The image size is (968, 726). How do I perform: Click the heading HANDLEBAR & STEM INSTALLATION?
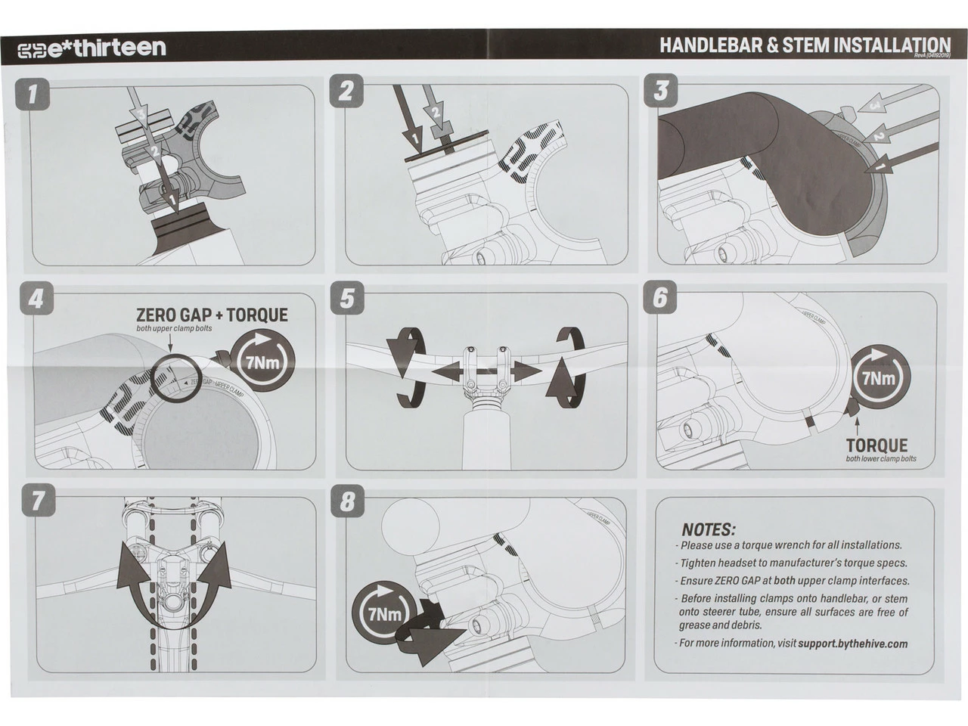804,45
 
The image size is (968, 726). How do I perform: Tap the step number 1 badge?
32,94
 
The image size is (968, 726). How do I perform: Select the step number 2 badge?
346,92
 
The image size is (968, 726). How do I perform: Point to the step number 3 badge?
661,91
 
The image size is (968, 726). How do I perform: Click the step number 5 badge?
346,298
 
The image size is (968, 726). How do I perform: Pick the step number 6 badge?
660,298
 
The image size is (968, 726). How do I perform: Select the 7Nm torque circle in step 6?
879,377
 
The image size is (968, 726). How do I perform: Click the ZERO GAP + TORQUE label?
212,315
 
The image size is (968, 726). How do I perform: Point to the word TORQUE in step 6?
876,445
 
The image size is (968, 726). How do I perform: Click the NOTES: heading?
708,529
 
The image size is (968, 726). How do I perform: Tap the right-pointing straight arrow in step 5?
524,372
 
